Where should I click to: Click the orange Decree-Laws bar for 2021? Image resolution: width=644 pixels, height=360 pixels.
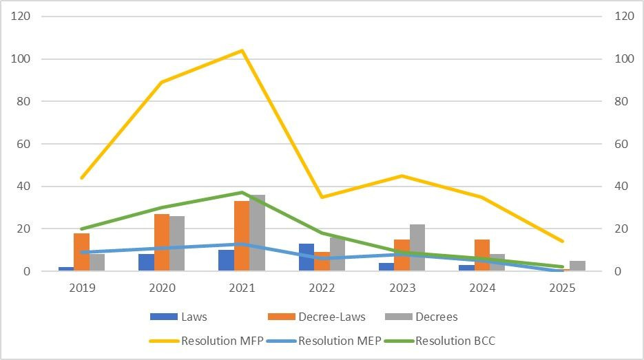tap(242, 236)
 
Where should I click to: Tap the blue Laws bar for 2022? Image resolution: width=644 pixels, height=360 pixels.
tap(306, 257)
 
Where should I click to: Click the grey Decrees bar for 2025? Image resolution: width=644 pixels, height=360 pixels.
tap(578, 266)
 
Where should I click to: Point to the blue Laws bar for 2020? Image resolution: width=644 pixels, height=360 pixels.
tap(146, 262)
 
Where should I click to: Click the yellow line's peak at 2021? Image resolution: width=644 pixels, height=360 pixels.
tap(242, 50)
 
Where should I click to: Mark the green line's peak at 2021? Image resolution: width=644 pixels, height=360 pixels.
tap(242, 192)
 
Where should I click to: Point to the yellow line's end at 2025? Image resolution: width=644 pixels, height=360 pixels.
tap(563, 242)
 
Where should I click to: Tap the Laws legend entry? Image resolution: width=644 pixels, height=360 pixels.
tap(194, 317)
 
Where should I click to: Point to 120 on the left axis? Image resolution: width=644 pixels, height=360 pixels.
tap(22, 17)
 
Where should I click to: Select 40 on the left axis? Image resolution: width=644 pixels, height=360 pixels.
tap(25, 187)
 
